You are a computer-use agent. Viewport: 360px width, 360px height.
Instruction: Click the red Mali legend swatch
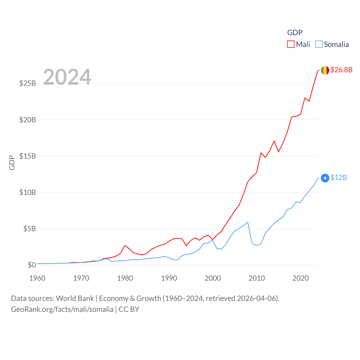click(291, 44)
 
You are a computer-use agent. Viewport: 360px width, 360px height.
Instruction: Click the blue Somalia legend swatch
click(319, 44)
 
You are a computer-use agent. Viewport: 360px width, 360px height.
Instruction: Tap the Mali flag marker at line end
click(325, 70)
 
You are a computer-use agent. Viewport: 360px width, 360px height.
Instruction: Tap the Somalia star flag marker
click(325, 178)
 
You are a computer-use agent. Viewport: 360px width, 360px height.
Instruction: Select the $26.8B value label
click(341, 70)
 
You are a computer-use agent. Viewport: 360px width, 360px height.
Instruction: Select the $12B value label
click(339, 177)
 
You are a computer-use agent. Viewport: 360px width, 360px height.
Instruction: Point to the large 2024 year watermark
click(67, 77)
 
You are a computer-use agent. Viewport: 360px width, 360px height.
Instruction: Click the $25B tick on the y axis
click(28, 84)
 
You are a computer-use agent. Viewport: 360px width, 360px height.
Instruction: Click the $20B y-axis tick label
click(28, 120)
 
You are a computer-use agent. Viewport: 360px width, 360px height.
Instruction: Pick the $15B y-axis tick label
click(28, 156)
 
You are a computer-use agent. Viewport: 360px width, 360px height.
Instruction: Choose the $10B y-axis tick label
click(28, 192)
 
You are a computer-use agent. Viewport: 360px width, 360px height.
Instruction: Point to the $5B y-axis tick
click(30, 229)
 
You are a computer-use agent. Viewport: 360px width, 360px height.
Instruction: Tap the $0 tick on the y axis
click(32, 265)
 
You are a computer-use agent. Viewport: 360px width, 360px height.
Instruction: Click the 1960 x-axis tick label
click(37, 278)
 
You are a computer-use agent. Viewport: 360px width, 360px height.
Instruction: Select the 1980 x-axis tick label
click(125, 278)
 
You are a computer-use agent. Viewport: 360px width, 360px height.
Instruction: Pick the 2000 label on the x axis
click(213, 278)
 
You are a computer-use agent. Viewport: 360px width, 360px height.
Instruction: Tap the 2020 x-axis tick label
click(301, 278)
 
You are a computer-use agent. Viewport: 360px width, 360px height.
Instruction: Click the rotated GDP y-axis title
click(12, 163)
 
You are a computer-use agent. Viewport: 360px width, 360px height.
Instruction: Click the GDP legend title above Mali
click(295, 33)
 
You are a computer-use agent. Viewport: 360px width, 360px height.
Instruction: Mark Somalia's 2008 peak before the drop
click(247, 222)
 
